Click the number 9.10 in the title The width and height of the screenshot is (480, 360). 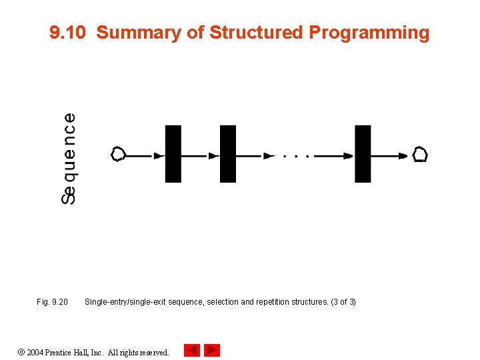(x=68, y=33)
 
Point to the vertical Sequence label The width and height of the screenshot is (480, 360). (x=68, y=158)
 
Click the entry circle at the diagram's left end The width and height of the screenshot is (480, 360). (x=118, y=155)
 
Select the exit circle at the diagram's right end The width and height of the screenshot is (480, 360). (x=419, y=155)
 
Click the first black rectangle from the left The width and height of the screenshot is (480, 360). (x=173, y=154)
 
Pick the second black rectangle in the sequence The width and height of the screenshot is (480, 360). (x=228, y=154)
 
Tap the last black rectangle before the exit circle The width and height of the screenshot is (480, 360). (x=363, y=154)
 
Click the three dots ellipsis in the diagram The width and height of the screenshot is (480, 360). (x=295, y=156)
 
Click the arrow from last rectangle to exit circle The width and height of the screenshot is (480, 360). (x=389, y=156)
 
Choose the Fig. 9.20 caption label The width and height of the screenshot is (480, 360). (x=52, y=302)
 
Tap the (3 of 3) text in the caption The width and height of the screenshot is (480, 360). (x=343, y=302)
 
